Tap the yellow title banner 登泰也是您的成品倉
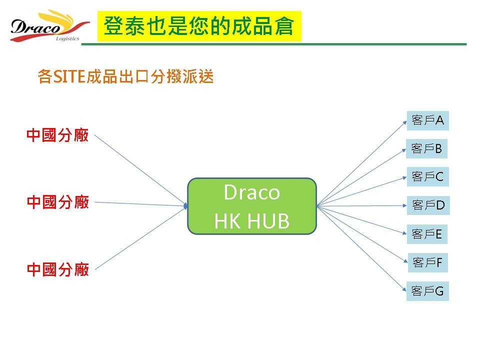[x=199, y=26]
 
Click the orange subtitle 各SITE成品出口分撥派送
[x=125, y=76]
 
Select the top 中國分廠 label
[x=57, y=135]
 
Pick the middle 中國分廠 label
[x=58, y=202]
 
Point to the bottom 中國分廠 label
[x=58, y=269]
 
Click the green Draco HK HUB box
[x=252, y=206]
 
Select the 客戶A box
[x=427, y=120]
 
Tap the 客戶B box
[x=426, y=149]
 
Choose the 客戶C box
[x=427, y=176]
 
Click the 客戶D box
[x=428, y=205]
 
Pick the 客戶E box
[x=427, y=234]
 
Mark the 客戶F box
[x=427, y=262]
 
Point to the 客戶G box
[x=427, y=291]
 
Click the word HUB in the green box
[x=268, y=221]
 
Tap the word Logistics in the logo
[x=67, y=38]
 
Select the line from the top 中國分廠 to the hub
[x=140, y=170]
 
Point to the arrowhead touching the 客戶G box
[x=404, y=289]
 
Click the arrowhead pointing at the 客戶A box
[x=404, y=122]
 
